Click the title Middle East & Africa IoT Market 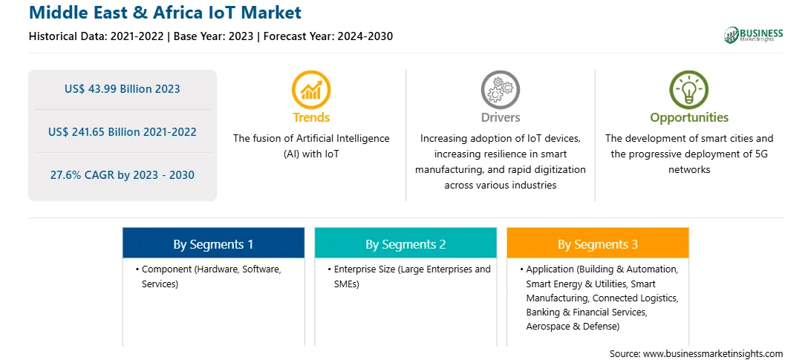point(165,12)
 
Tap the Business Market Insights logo point(754,35)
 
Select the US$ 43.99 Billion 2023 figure point(123,89)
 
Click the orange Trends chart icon point(311,90)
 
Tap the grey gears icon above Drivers point(500,90)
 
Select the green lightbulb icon point(689,90)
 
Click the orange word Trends point(311,117)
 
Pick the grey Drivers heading point(501,117)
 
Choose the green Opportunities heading point(689,118)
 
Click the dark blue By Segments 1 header point(214,243)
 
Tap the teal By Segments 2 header point(405,243)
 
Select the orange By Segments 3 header point(598,243)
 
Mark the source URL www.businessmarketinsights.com point(713,354)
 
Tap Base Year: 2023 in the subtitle point(214,36)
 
